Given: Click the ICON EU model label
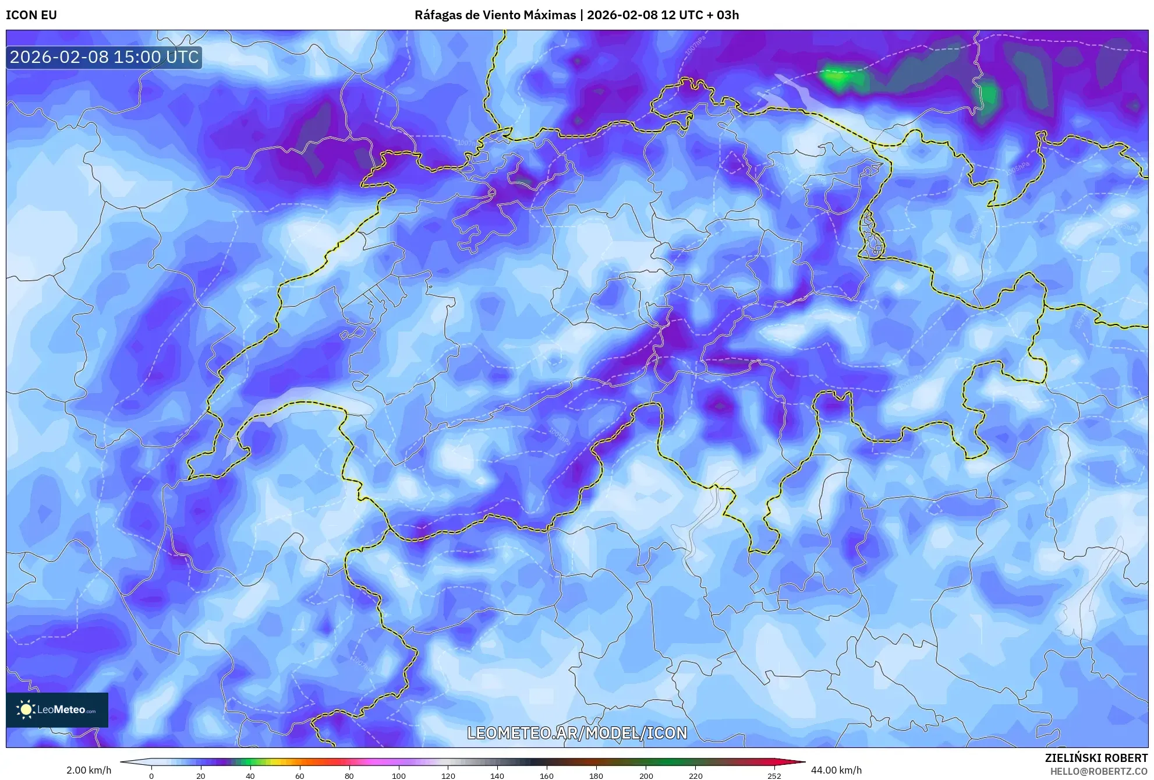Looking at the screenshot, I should point(31,15).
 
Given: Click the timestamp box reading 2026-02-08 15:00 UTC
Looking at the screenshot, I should point(104,57).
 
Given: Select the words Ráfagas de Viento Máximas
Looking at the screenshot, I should point(495,15).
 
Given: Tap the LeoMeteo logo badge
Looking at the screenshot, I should point(57,710).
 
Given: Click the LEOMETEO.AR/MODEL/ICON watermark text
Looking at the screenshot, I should point(577,733).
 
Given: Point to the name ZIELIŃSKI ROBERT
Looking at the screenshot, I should point(1096,758).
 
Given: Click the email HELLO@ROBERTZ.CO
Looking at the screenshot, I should point(1098,771).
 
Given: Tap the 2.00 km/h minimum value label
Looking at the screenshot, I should point(89,770).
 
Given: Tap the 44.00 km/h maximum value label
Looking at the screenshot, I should point(836,770).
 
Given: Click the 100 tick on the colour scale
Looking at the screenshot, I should point(398,776).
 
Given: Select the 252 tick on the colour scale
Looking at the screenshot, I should point(774,776).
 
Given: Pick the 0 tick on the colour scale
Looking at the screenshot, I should point(151,776).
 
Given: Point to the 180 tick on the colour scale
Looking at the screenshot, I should point(596,776).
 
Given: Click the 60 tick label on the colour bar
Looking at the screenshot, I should point(299,776).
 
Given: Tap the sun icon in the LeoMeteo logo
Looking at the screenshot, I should point(26,710).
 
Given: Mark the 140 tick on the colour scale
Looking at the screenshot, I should point(497,776).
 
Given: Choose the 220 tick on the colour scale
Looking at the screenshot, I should point(695,776).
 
